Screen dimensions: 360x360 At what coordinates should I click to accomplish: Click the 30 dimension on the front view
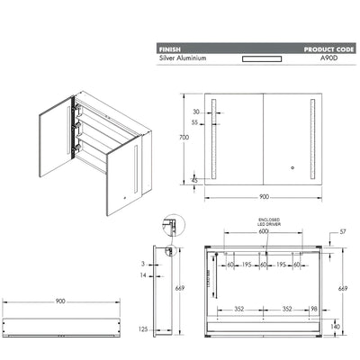(x=195, y=112)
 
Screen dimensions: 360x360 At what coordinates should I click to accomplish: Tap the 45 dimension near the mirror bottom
(x=195, y=181)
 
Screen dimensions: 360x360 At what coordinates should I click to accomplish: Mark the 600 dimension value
(x=262, y=233)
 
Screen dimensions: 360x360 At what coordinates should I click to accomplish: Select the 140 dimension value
(x=335, y=328)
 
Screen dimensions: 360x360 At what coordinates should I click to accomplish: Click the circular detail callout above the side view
(x=167, y=223)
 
